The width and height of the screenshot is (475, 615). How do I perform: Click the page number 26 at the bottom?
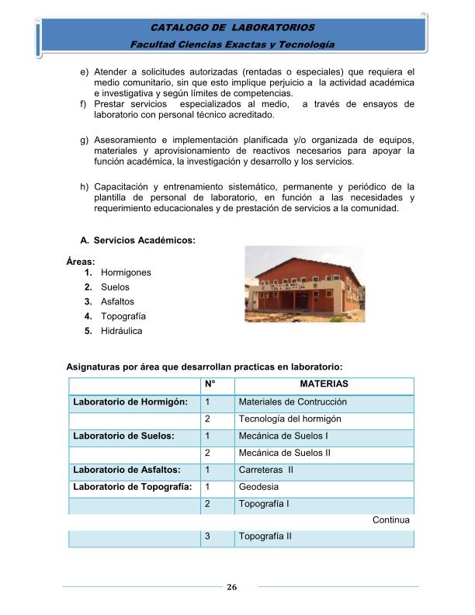tap(231, 587)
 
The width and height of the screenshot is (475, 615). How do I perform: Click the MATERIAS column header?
tap(324, 384)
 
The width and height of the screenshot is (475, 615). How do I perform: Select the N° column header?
tap(210, 384)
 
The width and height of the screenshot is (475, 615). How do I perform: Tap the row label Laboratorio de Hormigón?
tap(130, 401)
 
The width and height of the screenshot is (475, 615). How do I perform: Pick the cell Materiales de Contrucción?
tap(293, 401)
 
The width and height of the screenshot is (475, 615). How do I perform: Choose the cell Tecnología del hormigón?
tap(290, 419)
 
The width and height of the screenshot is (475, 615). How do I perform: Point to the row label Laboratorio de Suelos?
tap(123, 436)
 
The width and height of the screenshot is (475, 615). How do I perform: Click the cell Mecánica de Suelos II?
tap(285, 453)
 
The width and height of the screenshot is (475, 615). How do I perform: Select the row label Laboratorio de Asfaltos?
tap(127, 470)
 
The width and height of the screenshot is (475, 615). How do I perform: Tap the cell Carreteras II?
tap(265, 470)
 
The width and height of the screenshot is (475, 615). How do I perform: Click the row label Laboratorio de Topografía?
tap(132, 487)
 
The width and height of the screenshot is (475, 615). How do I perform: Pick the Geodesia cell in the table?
tap(258, 487)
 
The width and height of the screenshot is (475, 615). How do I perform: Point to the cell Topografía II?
tap(265, 537)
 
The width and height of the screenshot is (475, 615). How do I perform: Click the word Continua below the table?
tap(390, 519)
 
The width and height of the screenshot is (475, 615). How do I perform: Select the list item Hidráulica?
tap(121, 331)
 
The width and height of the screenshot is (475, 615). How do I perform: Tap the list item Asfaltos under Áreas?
tap(117, 301)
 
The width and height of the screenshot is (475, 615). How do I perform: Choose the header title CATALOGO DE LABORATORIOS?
tap(232, 28)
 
